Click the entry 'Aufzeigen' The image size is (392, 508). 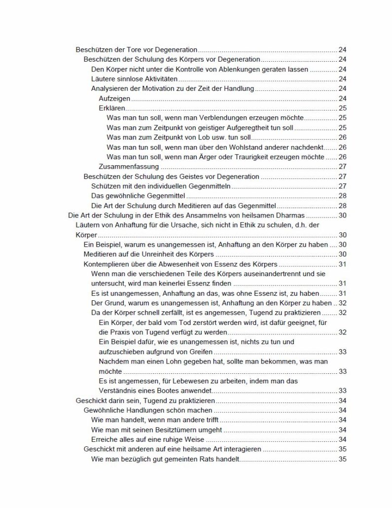(x=111, y=99)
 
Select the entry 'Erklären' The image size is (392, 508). (x=110, y=108)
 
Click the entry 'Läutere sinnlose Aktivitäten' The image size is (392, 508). (x=135, y=79)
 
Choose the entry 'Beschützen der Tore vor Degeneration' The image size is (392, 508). (x=137, y=50)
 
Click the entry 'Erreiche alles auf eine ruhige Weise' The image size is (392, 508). (x=150, y=439)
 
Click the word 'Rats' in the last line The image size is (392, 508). (x=226, y=459)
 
